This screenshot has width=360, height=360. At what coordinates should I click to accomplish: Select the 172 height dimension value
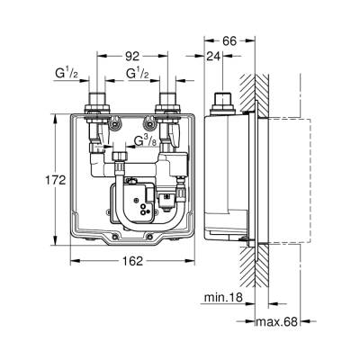(57, 180)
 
